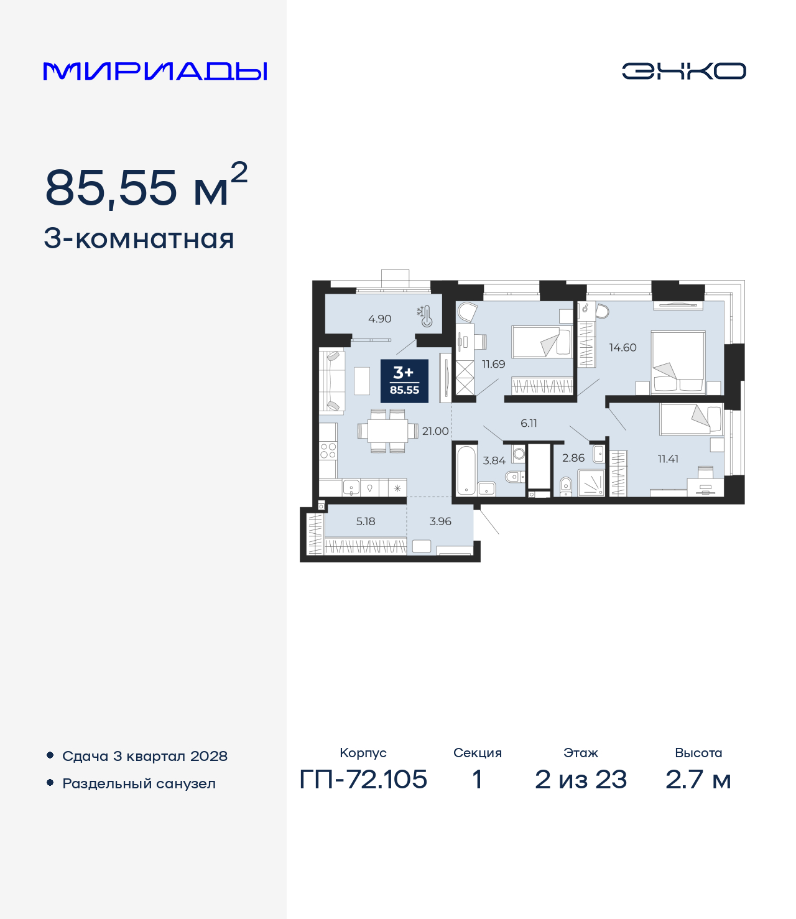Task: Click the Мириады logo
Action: click(x=155, y=71)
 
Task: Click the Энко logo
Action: click(x=683, y=71)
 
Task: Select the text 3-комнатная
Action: click(x=139, y=239)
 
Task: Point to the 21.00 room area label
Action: click(x=435, y=431)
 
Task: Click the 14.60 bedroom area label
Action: click(x=622, y=348)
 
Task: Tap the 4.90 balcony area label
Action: click(x=379, y=319)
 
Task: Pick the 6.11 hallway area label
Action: click(x=529, y=423)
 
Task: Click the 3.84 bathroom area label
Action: click(x=494, y=461)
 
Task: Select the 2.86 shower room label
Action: click(x=573, y=458)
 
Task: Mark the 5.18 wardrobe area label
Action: click(x=366, y=521)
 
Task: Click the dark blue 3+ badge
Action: click(x=404, y=381)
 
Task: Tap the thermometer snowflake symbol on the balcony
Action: click(x=425, y=315)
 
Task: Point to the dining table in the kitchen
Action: click(x=387, y=431)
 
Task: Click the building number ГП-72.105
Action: click(x=363, y=779)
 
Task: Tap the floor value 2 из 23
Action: click(x=581, y=779)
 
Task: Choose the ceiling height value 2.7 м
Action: click(x=698, y=779)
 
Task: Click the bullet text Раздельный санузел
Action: click(x=139, y=783)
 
